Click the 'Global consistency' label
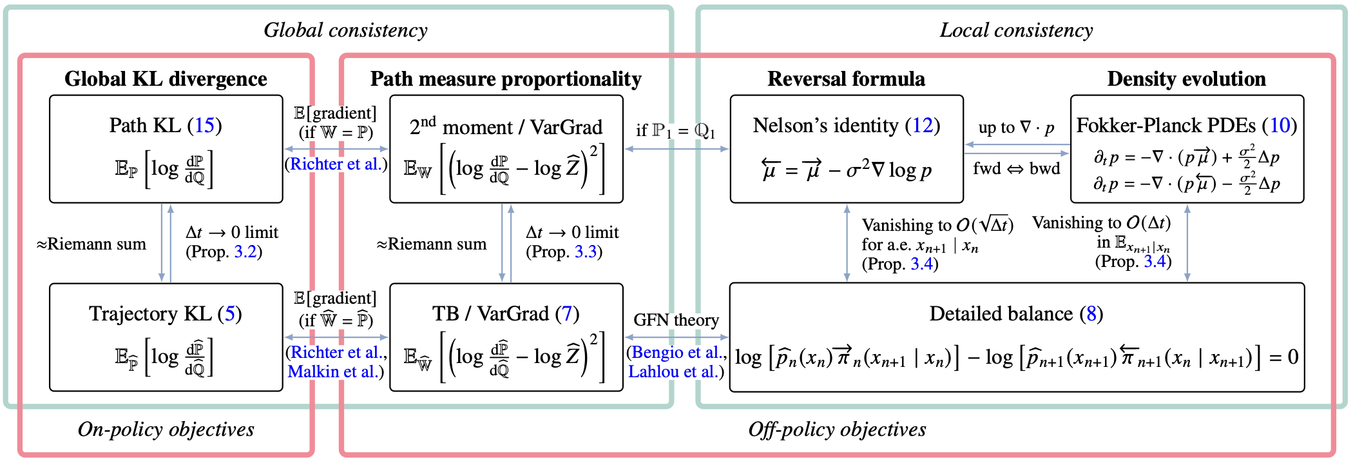(x=345, y=30)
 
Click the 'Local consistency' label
(x=1016, y=30)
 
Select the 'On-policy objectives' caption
(x=166, y=429)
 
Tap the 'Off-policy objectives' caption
(x=837, y=429)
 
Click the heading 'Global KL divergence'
(x=166, y=79)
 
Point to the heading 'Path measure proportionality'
(x=506, y=79)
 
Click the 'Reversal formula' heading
(x=846, y=79)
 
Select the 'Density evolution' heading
(x=1186, y=79)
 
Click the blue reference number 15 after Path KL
(x=204, y=125)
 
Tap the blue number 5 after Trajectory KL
(x=229, y=314)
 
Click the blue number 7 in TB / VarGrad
(x=567, y=314)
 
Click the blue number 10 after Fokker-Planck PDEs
(x=1279, y=125)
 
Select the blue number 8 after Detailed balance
(x=1091, y=314)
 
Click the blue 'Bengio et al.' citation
(x=676, y=353)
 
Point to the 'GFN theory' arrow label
(x=676, y=320)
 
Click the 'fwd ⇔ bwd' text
(x=1016, y=169)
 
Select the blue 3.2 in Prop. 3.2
(x=245, y=251)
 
